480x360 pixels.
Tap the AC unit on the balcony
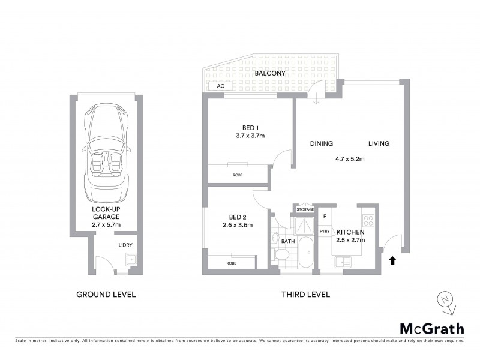pos(220,86)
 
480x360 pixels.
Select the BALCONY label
pos(269,73)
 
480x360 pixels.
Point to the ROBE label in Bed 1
pos(238,175)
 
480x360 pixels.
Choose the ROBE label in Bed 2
pos(231,263)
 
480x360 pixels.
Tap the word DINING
pos(321,143)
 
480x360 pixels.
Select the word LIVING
pos(379,143)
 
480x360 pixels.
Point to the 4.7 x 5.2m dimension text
pos(350,159)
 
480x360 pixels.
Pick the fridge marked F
pos(324,216)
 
